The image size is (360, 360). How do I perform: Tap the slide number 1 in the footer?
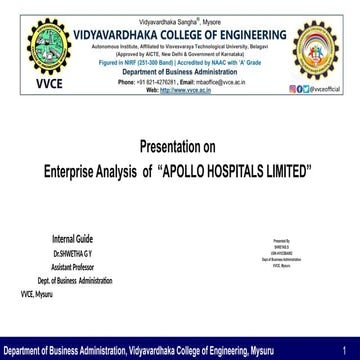click(344, 352)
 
